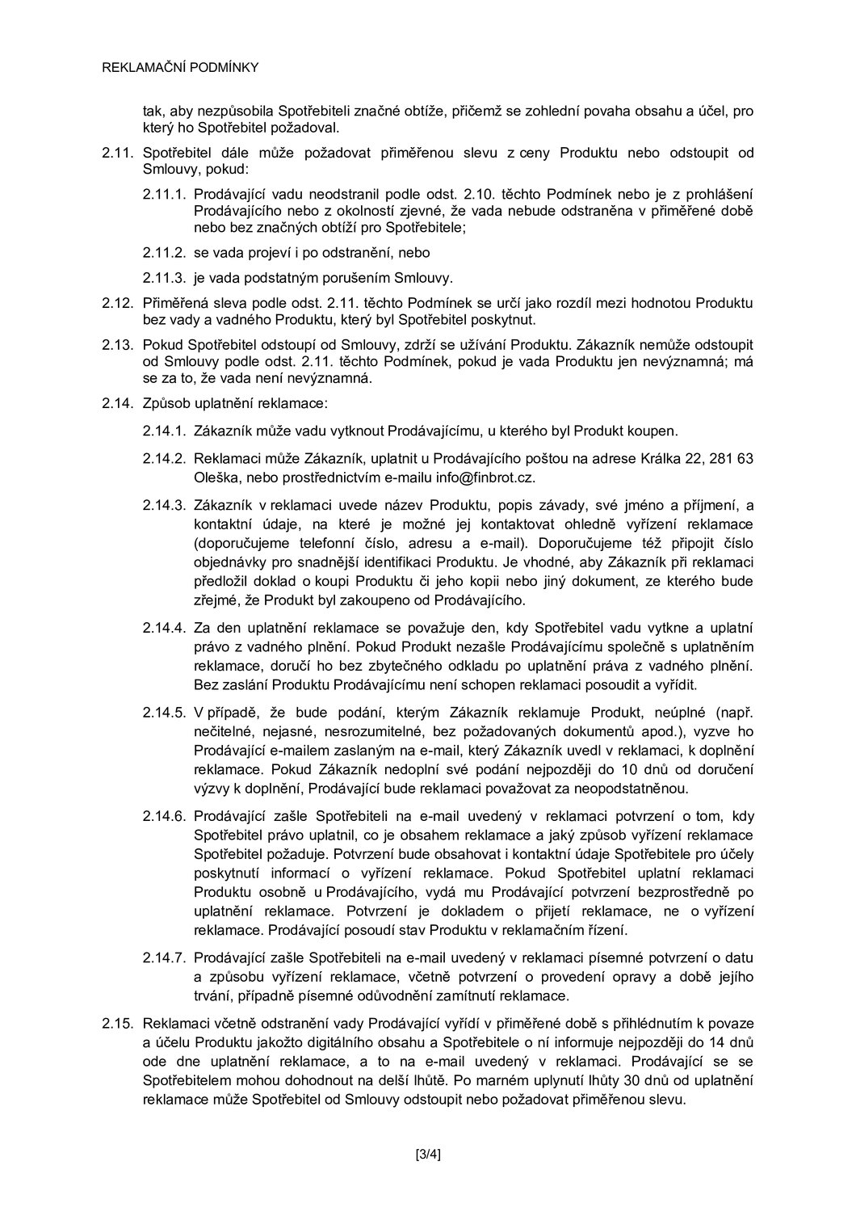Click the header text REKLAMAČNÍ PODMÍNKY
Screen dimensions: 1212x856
[x=180, y=68]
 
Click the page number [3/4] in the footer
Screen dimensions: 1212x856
[x=427, y=1153]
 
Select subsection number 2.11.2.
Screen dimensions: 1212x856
[x=165, y=253]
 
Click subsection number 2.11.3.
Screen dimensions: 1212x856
[x=165, y=279]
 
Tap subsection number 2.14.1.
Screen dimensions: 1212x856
[x=165, y=431]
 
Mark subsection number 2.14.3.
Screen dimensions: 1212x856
[x=165, y=506]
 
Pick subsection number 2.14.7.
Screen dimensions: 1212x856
[x=165, y=958]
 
